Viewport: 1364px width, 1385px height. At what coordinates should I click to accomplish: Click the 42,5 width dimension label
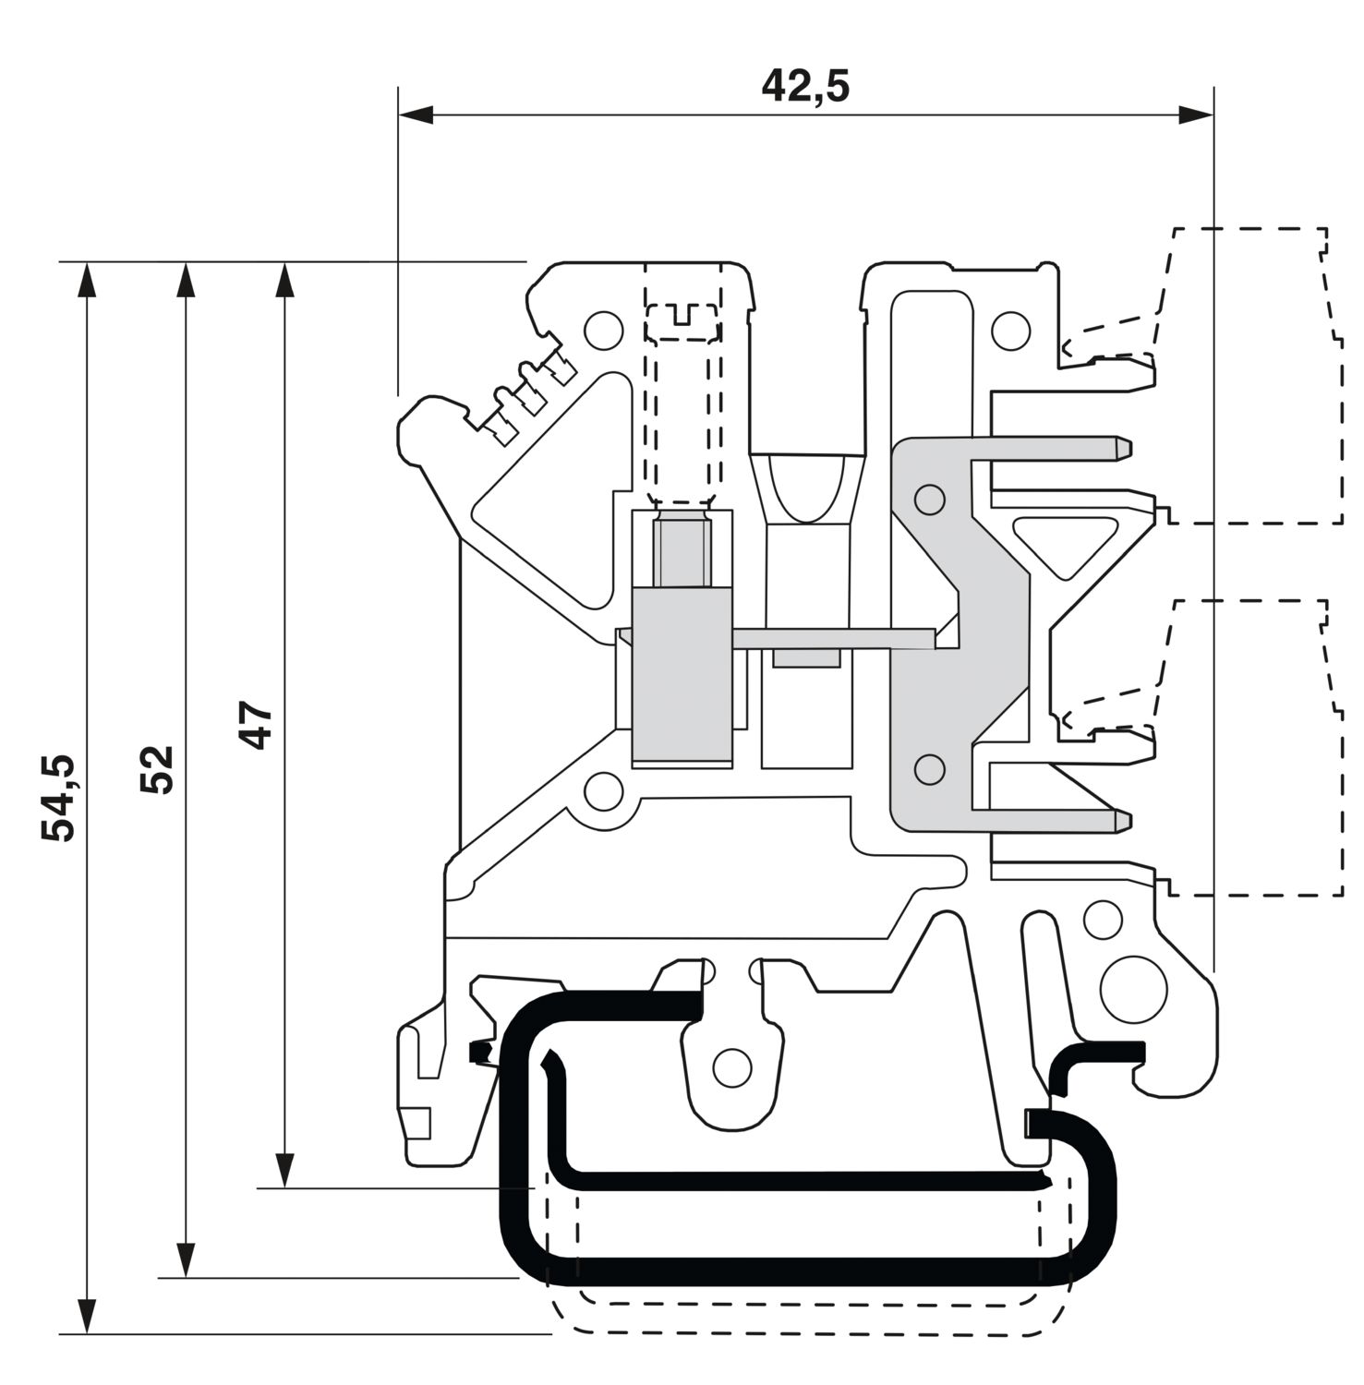[x=804, y=86]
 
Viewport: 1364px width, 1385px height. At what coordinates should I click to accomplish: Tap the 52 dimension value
[x=156, y=769]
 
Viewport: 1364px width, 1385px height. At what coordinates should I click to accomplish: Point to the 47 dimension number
[x=256, y=725]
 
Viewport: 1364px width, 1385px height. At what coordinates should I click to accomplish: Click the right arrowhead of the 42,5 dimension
[x=1196, y=115]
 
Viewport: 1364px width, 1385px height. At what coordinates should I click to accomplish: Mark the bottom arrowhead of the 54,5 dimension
[x=87, y=1317]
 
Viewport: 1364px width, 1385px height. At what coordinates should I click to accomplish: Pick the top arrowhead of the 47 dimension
[x=285, y=281]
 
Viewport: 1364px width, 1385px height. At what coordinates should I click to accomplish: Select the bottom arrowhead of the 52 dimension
[x=186, y=1260]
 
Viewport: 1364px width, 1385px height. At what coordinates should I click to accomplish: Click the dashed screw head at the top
[x=682, y=321]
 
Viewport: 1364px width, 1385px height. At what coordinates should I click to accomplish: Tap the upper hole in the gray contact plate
[x=929, y=500]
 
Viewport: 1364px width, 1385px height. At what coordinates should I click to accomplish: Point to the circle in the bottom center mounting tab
[x=732, y=1068]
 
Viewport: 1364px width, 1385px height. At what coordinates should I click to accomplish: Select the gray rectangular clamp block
[x=682, y=676]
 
